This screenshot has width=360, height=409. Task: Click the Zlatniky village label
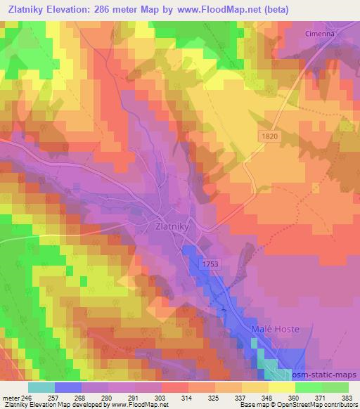171,227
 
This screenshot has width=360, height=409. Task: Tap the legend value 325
215,397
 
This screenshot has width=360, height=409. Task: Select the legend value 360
295,397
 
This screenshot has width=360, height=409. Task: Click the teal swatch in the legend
41,387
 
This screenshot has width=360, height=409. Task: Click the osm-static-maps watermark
326,375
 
